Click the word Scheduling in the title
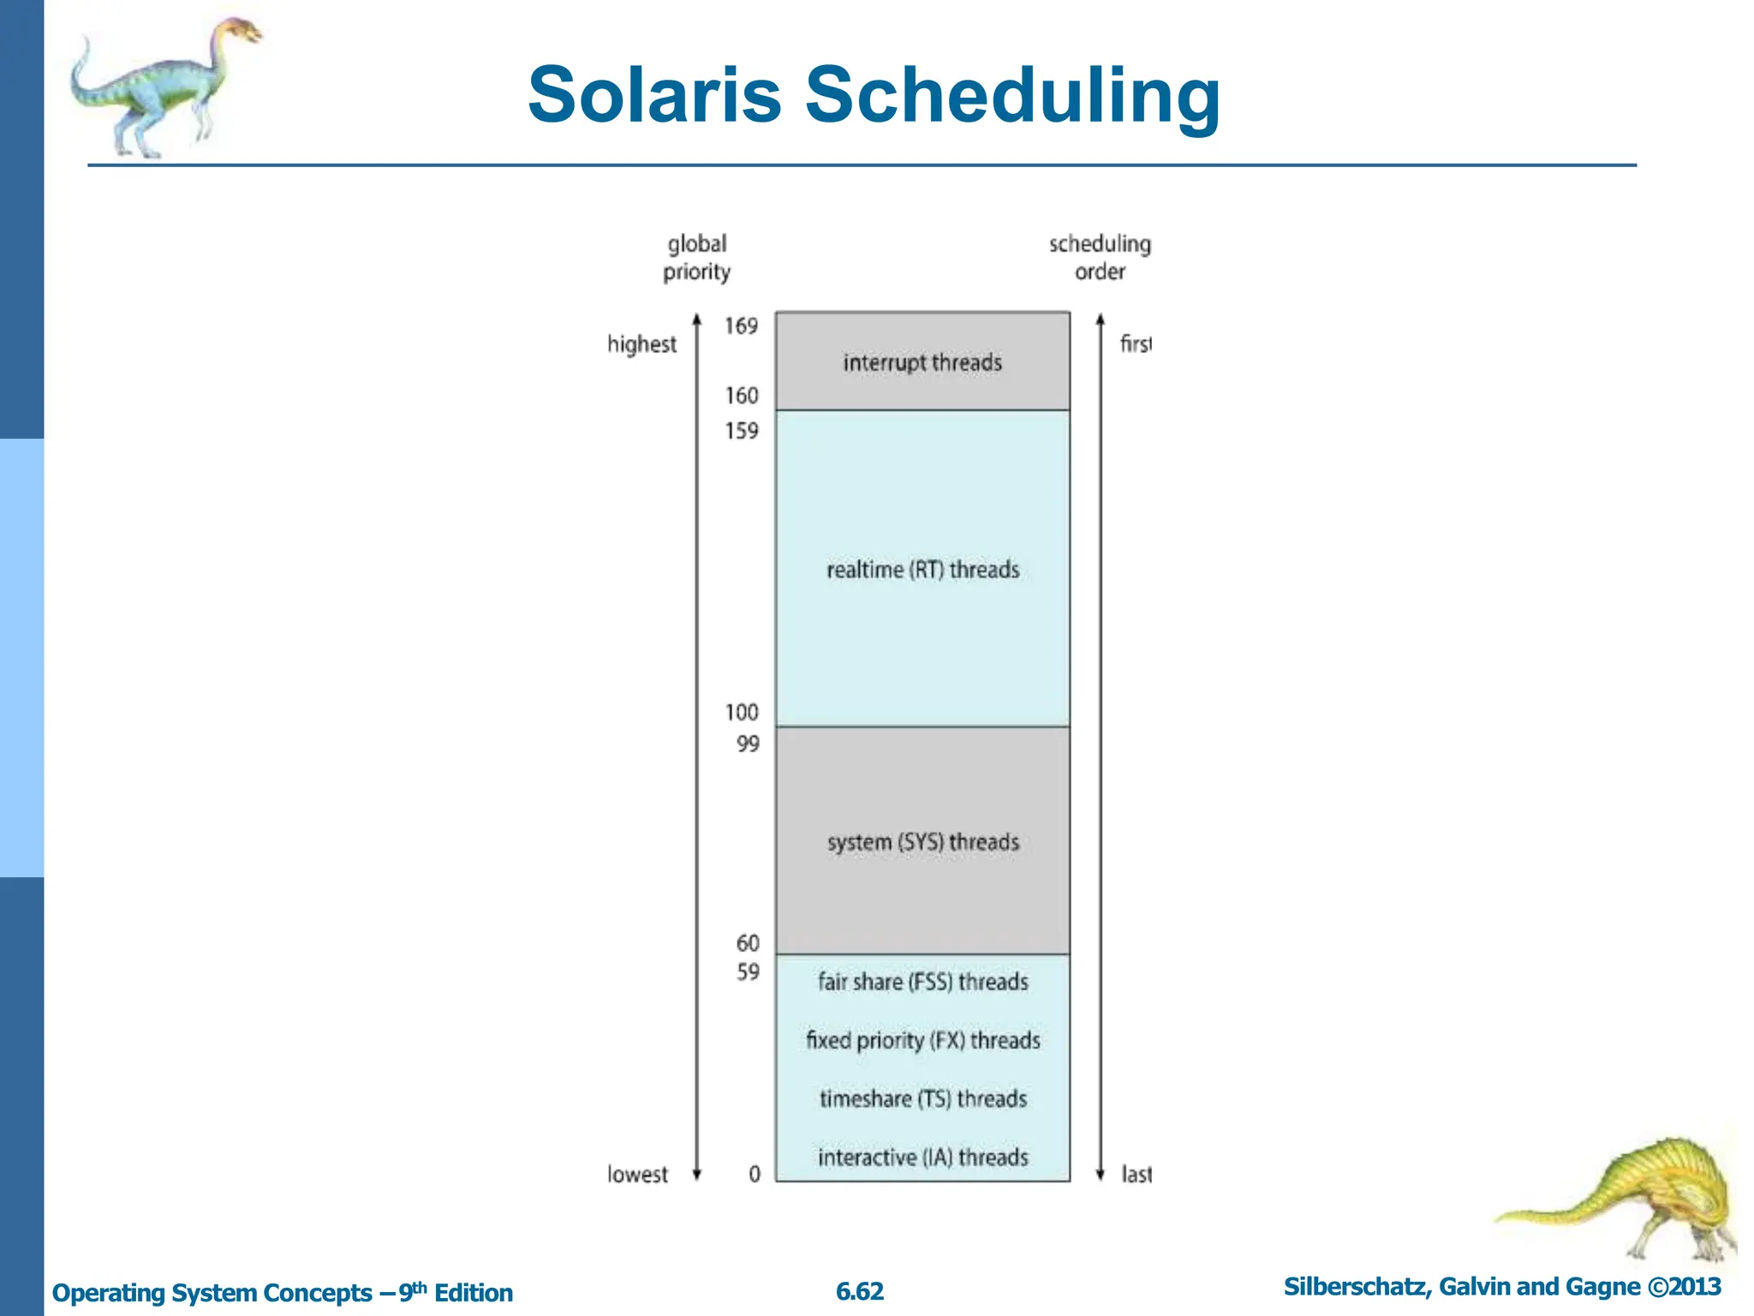click(1012, 96)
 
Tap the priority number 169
click(741, 326)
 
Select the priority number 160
click(741, 396)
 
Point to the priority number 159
click(741, 431)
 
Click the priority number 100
click(741, 713)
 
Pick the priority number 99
click(748, 745)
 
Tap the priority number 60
click(748, 943)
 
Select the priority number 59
click(748, 972)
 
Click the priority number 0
click(754, 1175)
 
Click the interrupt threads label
click(922, 363)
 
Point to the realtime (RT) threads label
click(922, 570)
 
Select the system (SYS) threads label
click(922, 842)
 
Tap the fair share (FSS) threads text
click(922, 982)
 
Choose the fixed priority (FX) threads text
click(922, 1040)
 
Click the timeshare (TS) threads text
click(922, 1098)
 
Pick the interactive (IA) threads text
click(922, 1157)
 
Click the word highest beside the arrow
click(641, 344)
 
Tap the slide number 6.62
click(859, 1292)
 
